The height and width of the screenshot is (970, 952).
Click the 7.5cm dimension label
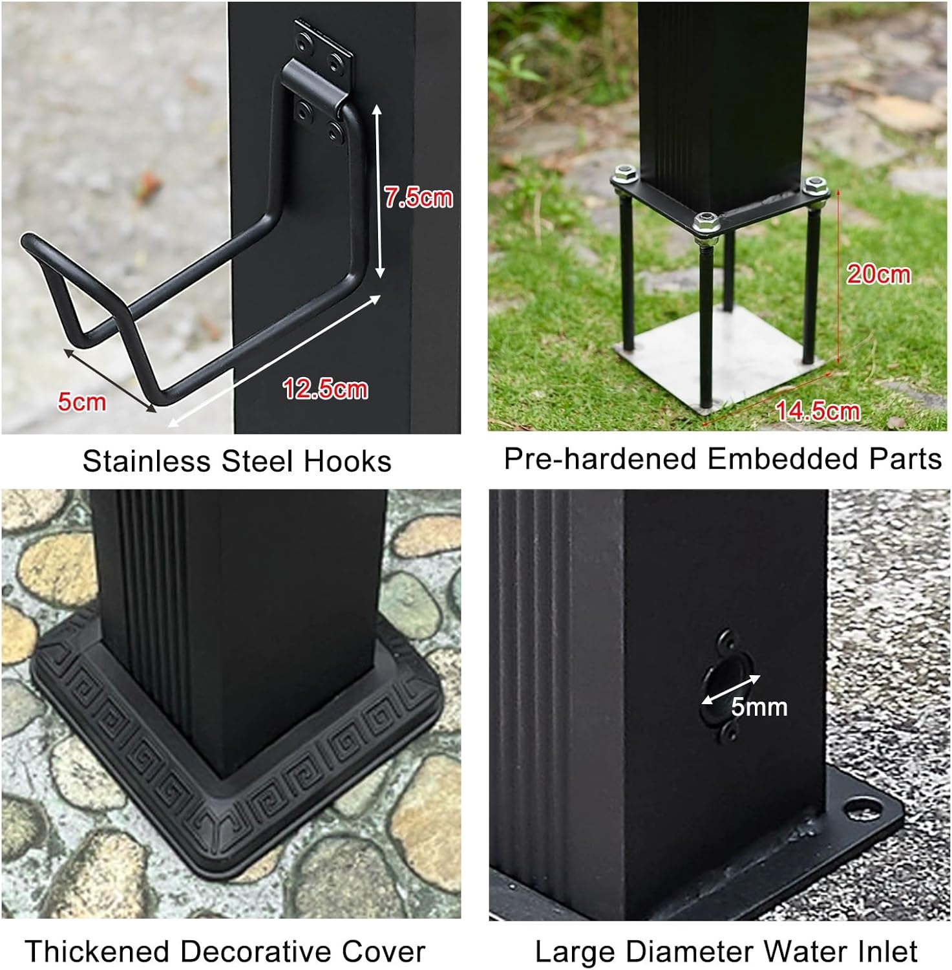[x=418, y=197]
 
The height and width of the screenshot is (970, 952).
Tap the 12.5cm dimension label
[x=325, y=389]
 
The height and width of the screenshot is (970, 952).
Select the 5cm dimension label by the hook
[x=81, y=402]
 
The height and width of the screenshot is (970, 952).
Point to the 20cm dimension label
[x=878, y=274]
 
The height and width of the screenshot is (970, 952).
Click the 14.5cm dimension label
[x=818, y=411]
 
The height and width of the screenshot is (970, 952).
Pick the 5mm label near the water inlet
[x=759, y=707]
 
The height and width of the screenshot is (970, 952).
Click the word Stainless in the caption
[x=147, y=462]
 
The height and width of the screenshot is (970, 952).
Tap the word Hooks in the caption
[x=348, y=462]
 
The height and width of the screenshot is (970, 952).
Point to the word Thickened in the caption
[x=96, y=952]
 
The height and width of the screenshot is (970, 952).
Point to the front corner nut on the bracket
[x=706, y=223]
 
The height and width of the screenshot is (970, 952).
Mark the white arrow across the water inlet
[x=731, y=689]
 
